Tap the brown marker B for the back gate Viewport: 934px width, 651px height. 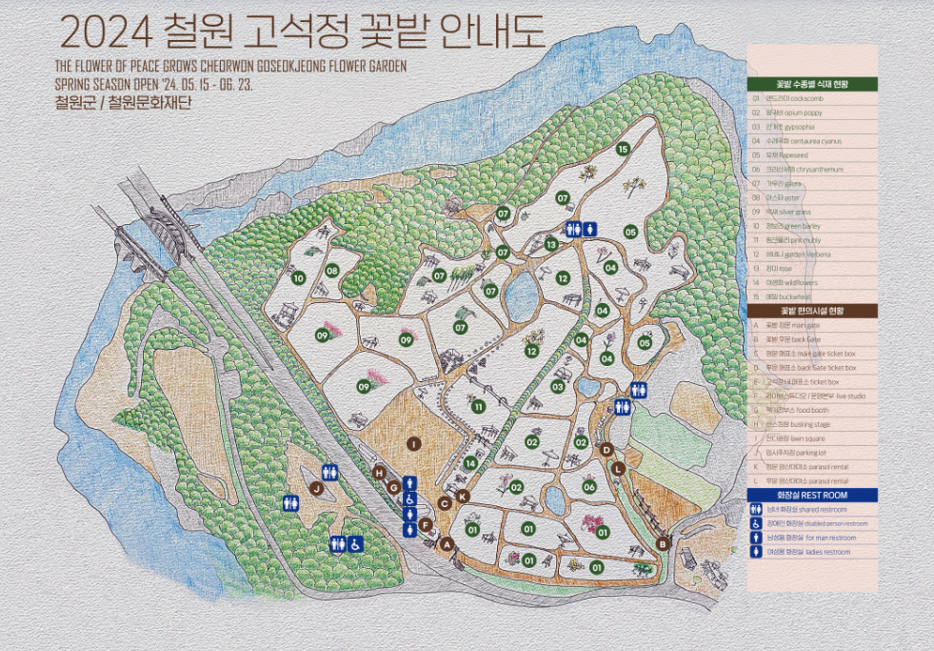point(664,542)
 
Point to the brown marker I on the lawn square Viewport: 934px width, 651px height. point(413,444)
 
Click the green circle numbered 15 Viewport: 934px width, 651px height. point(623,149)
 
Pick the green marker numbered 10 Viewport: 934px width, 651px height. point(298,278)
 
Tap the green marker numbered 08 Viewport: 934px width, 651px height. point(332,271)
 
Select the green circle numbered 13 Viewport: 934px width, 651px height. point(551,245)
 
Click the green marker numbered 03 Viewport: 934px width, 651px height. point(558,386)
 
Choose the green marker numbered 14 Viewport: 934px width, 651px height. point(470,463)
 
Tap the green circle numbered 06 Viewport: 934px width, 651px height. point(589,487)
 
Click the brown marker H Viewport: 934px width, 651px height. point(379,473)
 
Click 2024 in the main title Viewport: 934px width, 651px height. point(105,32)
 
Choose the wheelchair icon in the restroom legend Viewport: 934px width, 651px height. point(757,523)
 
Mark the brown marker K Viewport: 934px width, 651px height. point(463,496)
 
